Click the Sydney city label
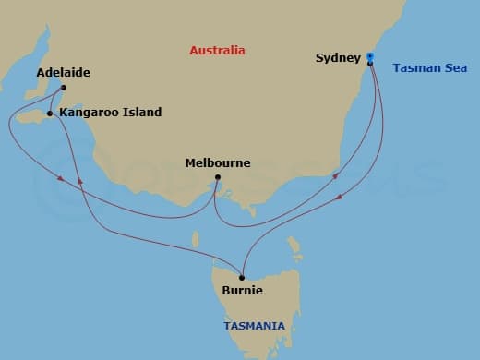point(338,58)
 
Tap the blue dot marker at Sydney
point(369,57)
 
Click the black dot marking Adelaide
point(63,89)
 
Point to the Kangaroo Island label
point(110,113)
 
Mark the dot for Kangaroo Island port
point(50,114)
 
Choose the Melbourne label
point(218,162)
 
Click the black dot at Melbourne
point(217,177)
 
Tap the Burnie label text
point(243,291)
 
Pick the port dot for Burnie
point(242,277)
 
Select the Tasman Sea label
point(429,67)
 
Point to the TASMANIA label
point(255,325)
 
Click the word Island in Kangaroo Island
point(141,113)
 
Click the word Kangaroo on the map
point(89,113)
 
